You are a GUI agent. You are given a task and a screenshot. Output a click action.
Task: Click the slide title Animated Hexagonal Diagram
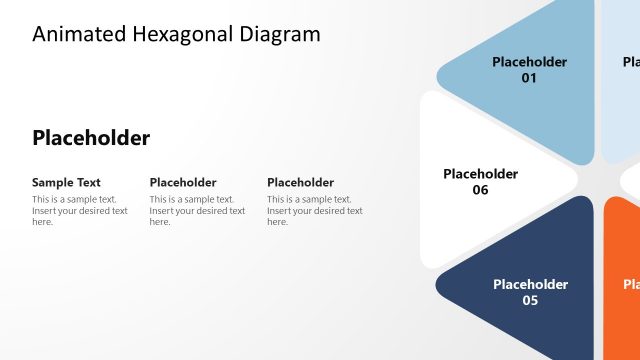[x=176, y=34]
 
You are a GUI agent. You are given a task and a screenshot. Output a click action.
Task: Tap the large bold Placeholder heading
[x=91, y=138]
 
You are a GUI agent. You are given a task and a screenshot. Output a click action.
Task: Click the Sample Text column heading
[x=66, y=182]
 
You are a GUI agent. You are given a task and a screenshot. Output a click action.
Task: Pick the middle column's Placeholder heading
[x=183, y=182]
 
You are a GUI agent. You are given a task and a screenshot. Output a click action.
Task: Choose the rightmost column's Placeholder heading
[x=300, y=182]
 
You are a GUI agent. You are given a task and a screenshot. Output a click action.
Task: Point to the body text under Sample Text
[x=80, y=210]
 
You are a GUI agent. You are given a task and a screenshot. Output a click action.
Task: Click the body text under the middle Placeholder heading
[x=197, y=210]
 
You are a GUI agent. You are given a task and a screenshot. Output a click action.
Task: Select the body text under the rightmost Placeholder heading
[x=314, y=210]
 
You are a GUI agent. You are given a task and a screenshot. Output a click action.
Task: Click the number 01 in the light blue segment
[x=529, y=78]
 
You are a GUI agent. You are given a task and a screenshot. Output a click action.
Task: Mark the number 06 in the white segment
[x=480, y=190]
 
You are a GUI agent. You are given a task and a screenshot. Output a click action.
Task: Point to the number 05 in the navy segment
[x=530, y=300]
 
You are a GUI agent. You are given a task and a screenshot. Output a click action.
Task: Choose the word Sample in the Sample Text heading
[x=52, y=182]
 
